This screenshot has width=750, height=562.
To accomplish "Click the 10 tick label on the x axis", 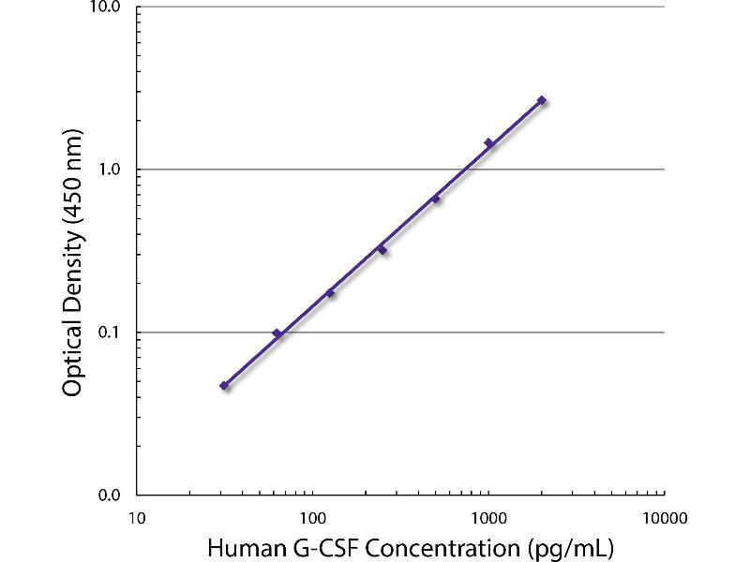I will coord(136,516).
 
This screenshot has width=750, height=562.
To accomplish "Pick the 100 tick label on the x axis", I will coord(312,516).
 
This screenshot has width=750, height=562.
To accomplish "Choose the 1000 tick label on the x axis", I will coord(488,516).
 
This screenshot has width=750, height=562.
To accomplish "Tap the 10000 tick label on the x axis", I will coord(665,516).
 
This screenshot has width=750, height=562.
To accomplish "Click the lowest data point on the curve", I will coord(224,385).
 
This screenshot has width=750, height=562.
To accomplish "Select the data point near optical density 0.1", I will coord(277,333).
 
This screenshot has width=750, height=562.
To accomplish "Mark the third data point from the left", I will coord(330,293).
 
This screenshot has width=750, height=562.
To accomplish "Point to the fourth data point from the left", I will coord(382,250).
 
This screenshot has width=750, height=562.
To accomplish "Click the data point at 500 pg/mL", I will coord(436,199).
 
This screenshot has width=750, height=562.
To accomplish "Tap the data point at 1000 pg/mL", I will coord(488,143).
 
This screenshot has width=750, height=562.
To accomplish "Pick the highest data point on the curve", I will coord(542,100).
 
